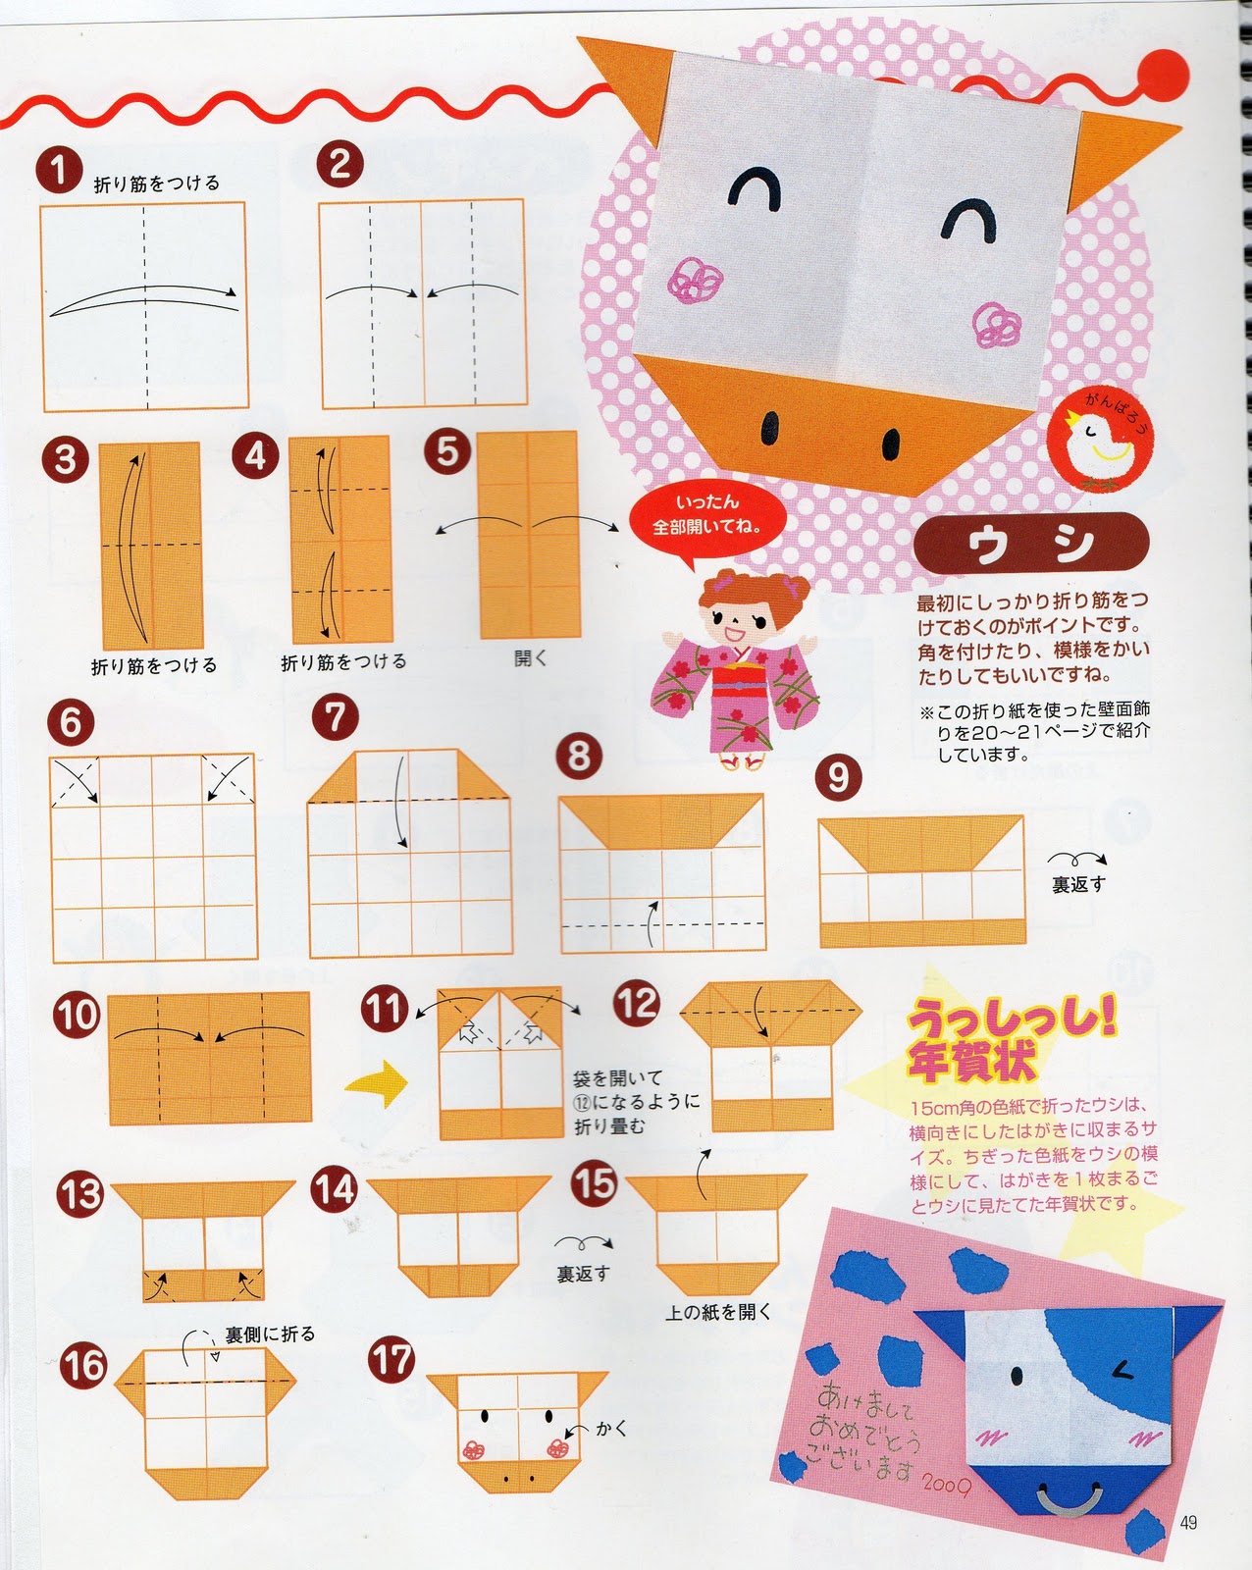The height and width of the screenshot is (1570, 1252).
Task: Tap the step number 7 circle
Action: coord(336,717)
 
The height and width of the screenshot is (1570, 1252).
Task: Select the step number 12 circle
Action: coord(638,1002)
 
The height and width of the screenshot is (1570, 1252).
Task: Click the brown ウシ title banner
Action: coord(1031,543)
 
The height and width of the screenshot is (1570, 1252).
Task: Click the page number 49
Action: coord(1188,1522)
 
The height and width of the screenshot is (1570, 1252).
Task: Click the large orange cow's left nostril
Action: coord(771,425)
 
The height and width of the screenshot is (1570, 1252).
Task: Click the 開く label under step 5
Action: coord(531,657)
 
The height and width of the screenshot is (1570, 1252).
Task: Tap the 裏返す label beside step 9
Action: coord(1078,885)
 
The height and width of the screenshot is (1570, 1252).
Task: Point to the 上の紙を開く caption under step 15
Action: coord(718,1312)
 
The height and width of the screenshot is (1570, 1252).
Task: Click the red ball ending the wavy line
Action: coord(1163,76)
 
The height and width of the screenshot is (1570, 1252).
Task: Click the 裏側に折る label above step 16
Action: coord(270,1334)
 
